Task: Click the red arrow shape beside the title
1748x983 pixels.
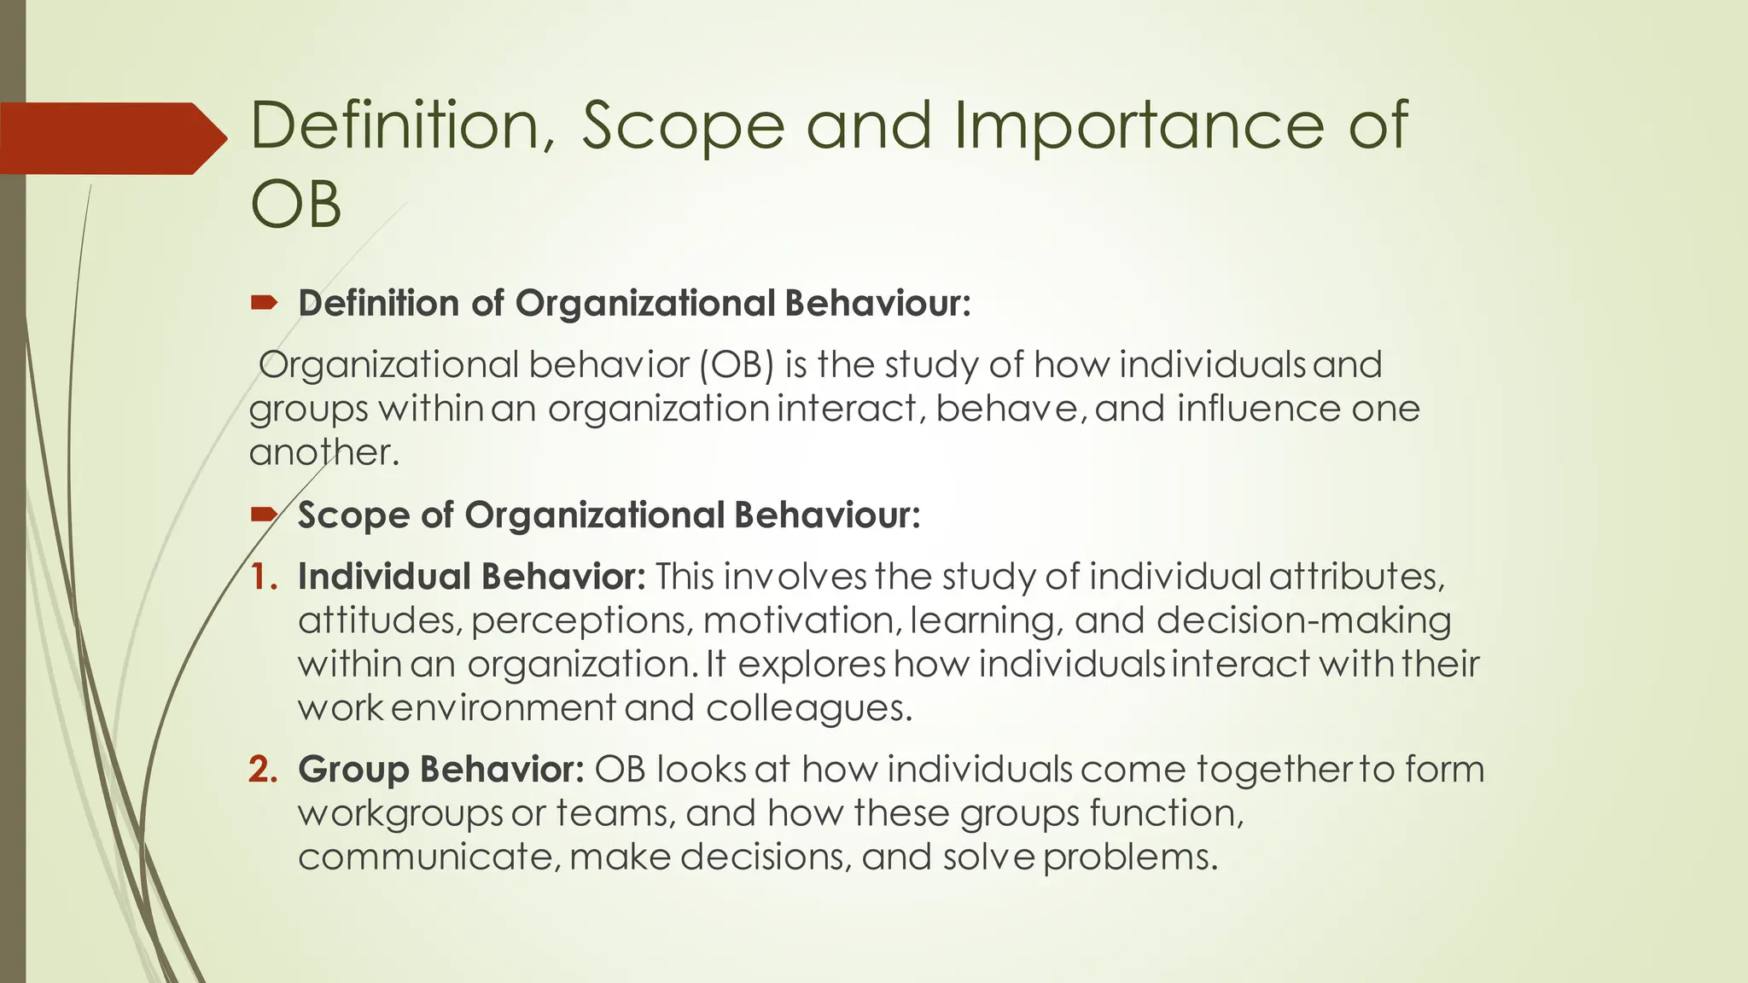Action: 111,138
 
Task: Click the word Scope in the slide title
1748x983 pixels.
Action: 682,125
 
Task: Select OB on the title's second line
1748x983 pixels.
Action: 295,205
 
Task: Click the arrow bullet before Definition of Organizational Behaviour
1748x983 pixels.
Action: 264,302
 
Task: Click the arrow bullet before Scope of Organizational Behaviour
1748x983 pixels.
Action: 264,514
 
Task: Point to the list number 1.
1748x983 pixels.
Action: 263,577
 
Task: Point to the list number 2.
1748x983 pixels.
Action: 263,770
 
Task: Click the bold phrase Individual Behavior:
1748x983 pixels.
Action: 471,577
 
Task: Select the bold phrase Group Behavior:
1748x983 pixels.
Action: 440,770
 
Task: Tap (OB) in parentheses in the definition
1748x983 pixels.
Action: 737,365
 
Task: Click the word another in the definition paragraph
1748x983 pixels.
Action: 323,452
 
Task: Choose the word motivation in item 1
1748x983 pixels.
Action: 801,620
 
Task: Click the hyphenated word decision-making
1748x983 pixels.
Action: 1303,620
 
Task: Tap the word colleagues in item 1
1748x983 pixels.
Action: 808,708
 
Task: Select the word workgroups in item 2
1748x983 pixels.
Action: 400,813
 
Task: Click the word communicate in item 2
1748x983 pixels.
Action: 429,857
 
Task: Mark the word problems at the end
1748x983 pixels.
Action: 1129,857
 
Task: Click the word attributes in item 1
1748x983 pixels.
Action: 1356,577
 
